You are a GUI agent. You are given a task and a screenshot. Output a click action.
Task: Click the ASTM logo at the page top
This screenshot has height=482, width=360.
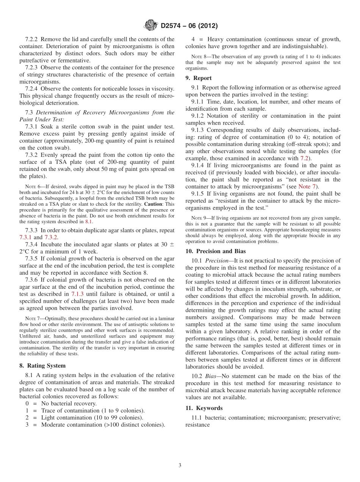click(150, 26)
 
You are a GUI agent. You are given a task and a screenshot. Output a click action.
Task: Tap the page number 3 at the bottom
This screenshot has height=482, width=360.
click(180, 465)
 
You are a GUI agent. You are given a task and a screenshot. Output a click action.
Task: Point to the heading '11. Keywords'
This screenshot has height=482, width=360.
click(204, 408)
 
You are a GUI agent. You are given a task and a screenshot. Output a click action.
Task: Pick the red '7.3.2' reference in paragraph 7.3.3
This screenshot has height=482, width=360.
click(52, 237)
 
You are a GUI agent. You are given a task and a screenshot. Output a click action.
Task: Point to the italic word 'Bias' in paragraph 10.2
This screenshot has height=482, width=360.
click(211, 376)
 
